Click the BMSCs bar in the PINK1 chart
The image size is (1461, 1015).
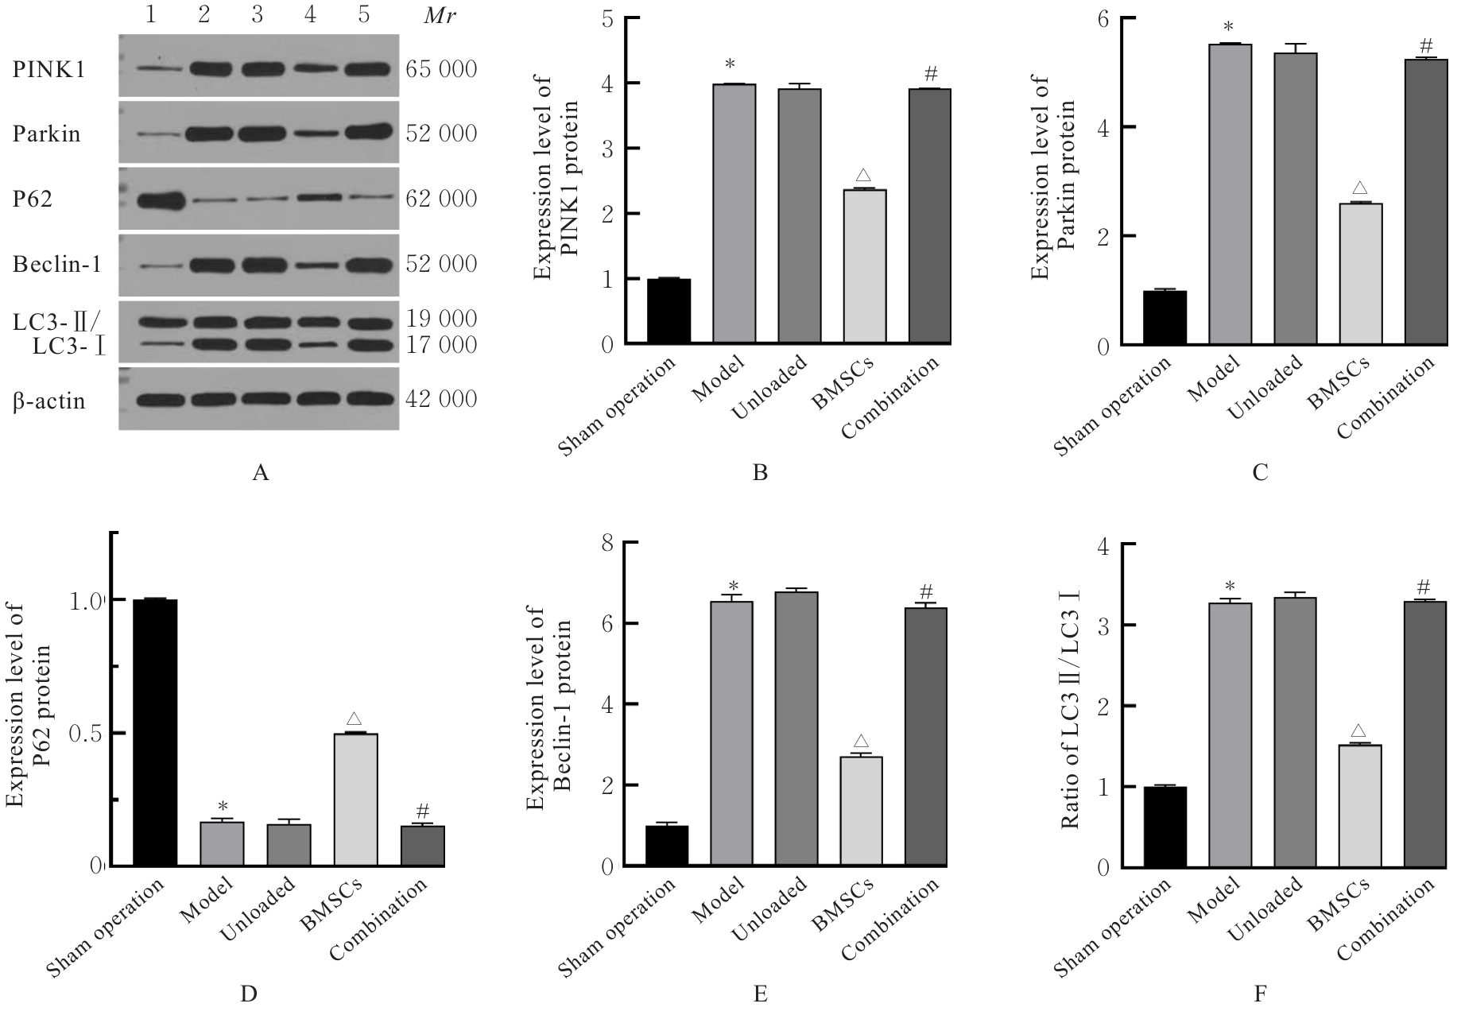point(865,266)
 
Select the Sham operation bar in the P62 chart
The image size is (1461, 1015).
point(155,732)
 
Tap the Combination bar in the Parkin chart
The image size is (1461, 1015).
point(1426,201)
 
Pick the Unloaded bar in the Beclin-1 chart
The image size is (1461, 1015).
point(797,728)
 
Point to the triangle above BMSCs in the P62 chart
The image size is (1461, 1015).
point(355,719)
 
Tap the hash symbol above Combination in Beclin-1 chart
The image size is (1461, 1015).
point(925,592)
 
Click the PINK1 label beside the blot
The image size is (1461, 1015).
point(49,70)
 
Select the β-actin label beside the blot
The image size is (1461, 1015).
point(48,400)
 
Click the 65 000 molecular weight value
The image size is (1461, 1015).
point(441,70)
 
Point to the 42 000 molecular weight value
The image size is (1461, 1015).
point(441,399)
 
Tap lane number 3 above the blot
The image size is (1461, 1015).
point(257,16)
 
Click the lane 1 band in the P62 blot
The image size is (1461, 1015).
point(161,199)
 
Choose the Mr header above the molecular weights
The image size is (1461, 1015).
point(440,16)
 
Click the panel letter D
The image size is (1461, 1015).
point(249,994)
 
